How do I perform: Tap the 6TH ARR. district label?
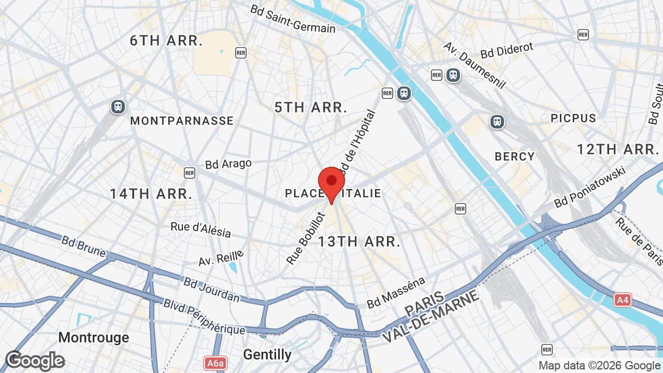166,41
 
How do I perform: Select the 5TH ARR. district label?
311,107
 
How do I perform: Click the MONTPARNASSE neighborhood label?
182,121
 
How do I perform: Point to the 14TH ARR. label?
151,194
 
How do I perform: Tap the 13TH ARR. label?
359,241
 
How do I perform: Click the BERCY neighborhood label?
514,156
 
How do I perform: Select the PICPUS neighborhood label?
573,118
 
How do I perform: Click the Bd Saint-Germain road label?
293,19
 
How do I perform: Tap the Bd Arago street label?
228,164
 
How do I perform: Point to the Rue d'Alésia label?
201,229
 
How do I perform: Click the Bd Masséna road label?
396,293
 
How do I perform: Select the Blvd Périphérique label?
204,316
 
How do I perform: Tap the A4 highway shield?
622,300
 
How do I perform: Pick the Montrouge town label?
94,338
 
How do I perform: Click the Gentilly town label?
267,354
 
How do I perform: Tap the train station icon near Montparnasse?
118,107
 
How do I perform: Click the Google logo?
35,361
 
